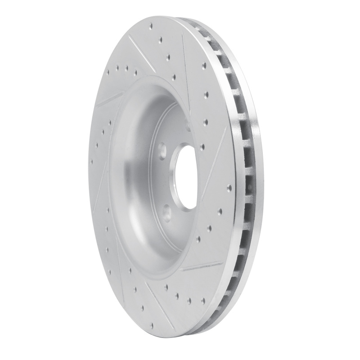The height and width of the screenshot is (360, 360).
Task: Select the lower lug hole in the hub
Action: [x=167, y=208]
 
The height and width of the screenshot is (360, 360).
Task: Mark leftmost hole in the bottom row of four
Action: [x=167, y=286]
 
